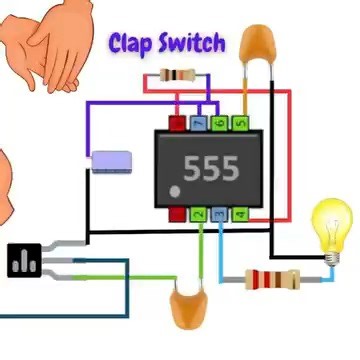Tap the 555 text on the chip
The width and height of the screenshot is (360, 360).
210,168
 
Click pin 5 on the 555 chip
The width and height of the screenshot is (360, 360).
241,123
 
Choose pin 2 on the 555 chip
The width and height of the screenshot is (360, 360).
200,214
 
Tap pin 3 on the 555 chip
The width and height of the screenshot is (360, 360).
220,214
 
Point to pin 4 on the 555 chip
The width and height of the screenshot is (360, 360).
240,214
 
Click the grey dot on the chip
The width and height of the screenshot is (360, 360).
176,190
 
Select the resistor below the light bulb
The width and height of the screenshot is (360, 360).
275,279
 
